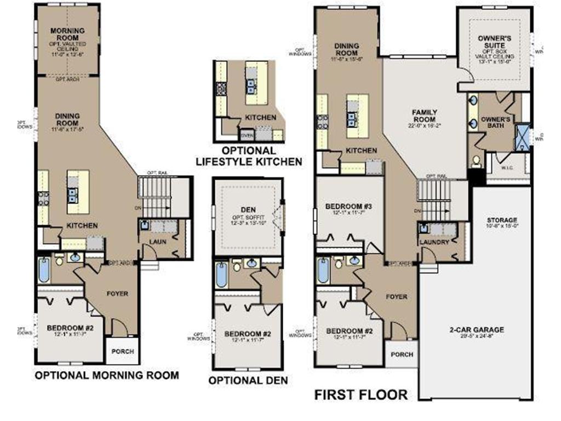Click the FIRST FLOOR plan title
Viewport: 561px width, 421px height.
(360, 395)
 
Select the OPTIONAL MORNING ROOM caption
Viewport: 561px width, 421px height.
(106, 376)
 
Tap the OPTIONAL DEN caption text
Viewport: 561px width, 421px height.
(248, 380)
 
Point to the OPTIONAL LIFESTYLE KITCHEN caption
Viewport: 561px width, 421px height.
(249, 156)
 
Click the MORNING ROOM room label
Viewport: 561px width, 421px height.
(67, 33)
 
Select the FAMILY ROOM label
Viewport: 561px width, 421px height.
(424, 116)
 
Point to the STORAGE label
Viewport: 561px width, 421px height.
(502, 220)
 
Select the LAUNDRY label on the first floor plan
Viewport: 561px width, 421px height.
(434, 242)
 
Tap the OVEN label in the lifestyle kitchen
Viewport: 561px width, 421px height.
(248, 134)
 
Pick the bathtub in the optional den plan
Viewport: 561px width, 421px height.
(221, 275)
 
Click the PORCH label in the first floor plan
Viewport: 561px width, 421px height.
(402, 354)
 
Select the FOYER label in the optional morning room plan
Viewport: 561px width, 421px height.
(117, 294)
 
